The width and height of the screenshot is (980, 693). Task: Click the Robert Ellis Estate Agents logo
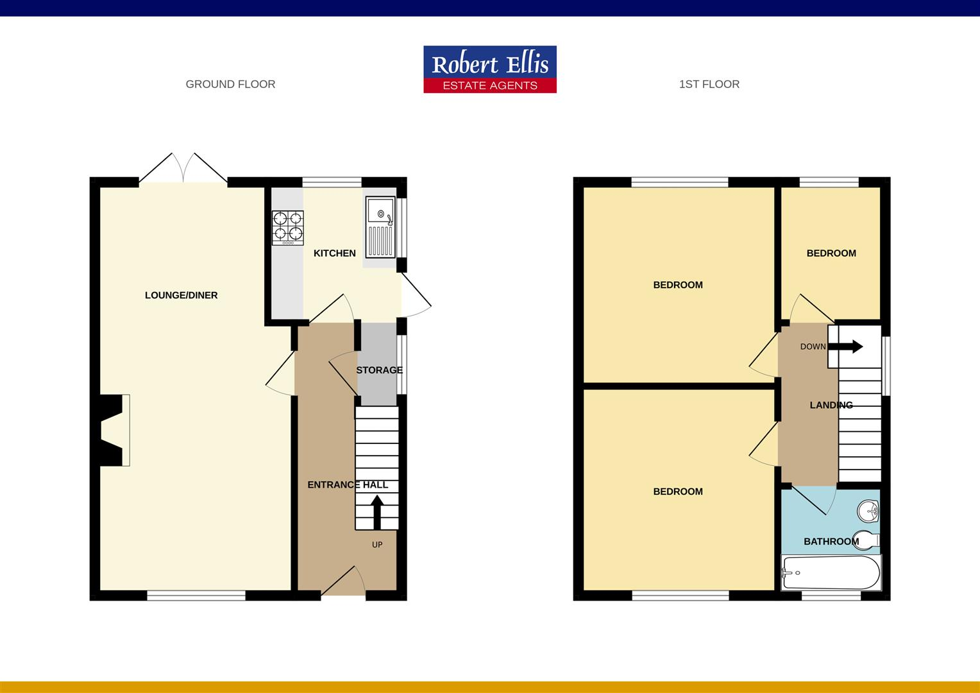point(490,69)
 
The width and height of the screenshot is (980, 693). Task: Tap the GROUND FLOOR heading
point(230,84)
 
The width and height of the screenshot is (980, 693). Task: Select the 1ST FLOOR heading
point(709,84)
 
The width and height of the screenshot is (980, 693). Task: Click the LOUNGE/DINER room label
point(182,295)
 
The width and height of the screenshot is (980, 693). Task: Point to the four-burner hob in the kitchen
point(287,227)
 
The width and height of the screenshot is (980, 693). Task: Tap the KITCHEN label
point(334,253)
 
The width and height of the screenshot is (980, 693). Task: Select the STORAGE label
point(379,370)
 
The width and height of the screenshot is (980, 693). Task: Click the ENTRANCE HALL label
point(348,485)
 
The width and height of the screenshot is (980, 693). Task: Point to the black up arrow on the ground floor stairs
point(377,511)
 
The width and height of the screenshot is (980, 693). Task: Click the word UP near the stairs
point(377,545)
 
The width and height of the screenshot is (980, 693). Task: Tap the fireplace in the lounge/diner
point(113,430)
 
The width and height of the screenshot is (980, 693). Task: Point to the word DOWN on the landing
point(813,346)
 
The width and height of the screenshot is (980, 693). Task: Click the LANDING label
point(831,405)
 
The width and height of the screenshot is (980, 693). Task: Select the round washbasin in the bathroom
point(868,511)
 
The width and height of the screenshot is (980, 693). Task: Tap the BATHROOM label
point(831,542)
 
